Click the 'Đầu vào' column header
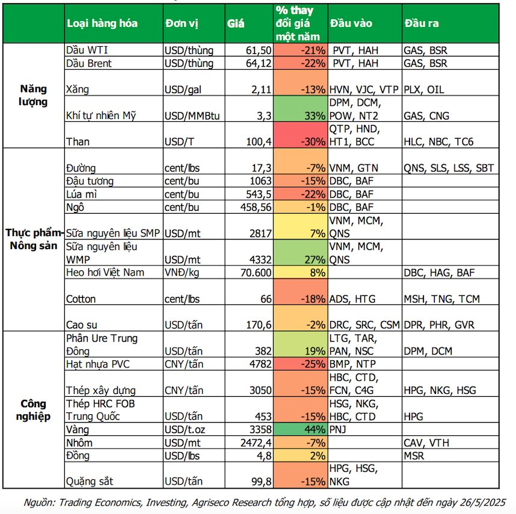click(x=351, y=23)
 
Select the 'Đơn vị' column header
click(x=181, y=23)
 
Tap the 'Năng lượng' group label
click(x=32, y=95)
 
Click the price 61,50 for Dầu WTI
click(x=259, y=50)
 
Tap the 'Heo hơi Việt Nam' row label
click(x=105, y=273)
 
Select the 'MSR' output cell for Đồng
click(x=414, y=455)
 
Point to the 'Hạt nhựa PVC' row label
click(x=97, y=364)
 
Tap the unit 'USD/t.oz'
click(x=185, y=430)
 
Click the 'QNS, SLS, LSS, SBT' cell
click(x=449, y=168)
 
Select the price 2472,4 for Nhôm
click(x=255, y=443)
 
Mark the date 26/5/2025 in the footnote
click(x=479, y=501)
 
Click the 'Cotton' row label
click(x=81, y=299)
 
